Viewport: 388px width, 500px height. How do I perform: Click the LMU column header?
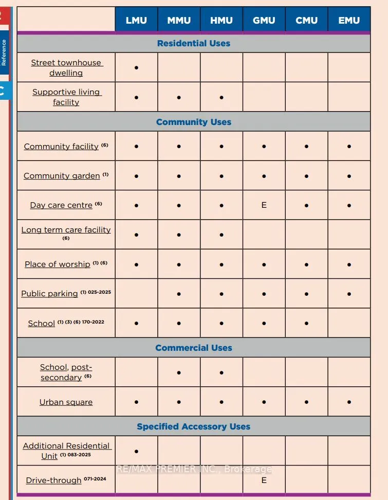[x=136, y=21]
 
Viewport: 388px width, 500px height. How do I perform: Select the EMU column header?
[x=349, y=21]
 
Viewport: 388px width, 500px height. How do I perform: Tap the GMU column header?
[x=264, y=21]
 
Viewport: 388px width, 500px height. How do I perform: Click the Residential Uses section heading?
[x=194, y=43]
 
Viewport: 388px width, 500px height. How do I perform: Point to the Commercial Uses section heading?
[x=194, y=348]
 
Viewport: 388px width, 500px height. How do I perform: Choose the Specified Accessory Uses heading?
[x=194, y=426]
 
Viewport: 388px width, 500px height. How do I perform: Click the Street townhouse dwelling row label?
[x=66, y=67]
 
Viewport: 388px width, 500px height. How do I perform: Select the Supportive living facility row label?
[x=66, y=97]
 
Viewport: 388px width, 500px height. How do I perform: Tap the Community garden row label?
[x=62, y=175]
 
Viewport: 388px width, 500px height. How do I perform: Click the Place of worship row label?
[x=58, y=264]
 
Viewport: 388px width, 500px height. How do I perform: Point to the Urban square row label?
[x=66, y=402]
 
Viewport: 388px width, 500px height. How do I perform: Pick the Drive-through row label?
[x=54, y=480]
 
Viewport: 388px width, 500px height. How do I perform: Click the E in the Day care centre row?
[x=264, y=205]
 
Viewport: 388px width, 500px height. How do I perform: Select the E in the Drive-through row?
[x=264, y=480]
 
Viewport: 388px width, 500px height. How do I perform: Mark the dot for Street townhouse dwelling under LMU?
[x=136, y=67]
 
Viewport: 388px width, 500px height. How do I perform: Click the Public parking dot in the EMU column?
[x=349, y=294]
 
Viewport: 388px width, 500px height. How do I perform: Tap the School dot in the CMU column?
[x=306, y=323]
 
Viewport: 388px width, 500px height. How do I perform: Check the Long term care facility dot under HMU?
[x=221, y=235]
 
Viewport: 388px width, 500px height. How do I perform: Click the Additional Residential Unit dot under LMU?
[x=136, y=451]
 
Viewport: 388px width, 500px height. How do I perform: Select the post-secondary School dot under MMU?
[x=179, y=372]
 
